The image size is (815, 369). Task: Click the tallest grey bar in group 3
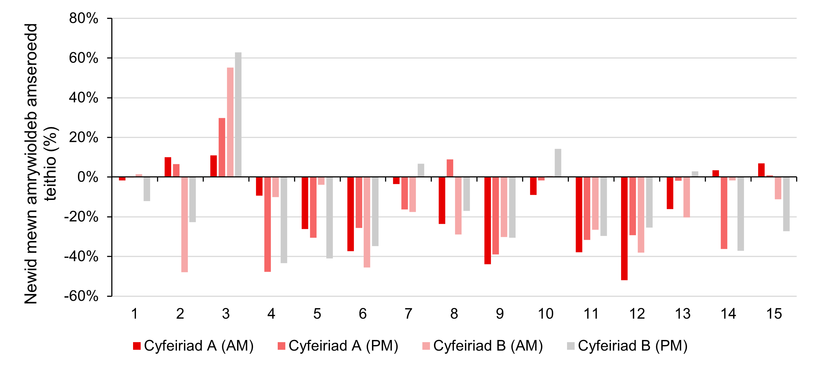point(238,114)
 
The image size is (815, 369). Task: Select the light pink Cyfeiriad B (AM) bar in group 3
point(230,122)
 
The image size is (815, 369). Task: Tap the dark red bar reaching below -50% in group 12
point(624,229)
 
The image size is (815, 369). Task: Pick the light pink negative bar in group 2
point(184,224)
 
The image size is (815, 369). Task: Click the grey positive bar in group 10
point(558,163)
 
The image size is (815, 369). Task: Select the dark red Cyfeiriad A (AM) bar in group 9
point(487,220)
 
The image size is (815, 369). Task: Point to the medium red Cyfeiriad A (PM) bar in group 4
point(267,224)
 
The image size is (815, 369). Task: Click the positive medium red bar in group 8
point(450,168)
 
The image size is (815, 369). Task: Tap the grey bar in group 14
point(740,214)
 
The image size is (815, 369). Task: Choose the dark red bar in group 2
point(167,167)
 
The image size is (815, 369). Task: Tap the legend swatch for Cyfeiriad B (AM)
point(426,346)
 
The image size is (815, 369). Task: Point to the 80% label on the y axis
point(84,18)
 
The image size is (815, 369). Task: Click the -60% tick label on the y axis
point(81,296)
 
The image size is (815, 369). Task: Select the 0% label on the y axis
point(88,177)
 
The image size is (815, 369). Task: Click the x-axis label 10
point(545,314)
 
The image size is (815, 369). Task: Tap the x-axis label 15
point(774,314)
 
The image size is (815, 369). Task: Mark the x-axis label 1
point(134,314)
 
